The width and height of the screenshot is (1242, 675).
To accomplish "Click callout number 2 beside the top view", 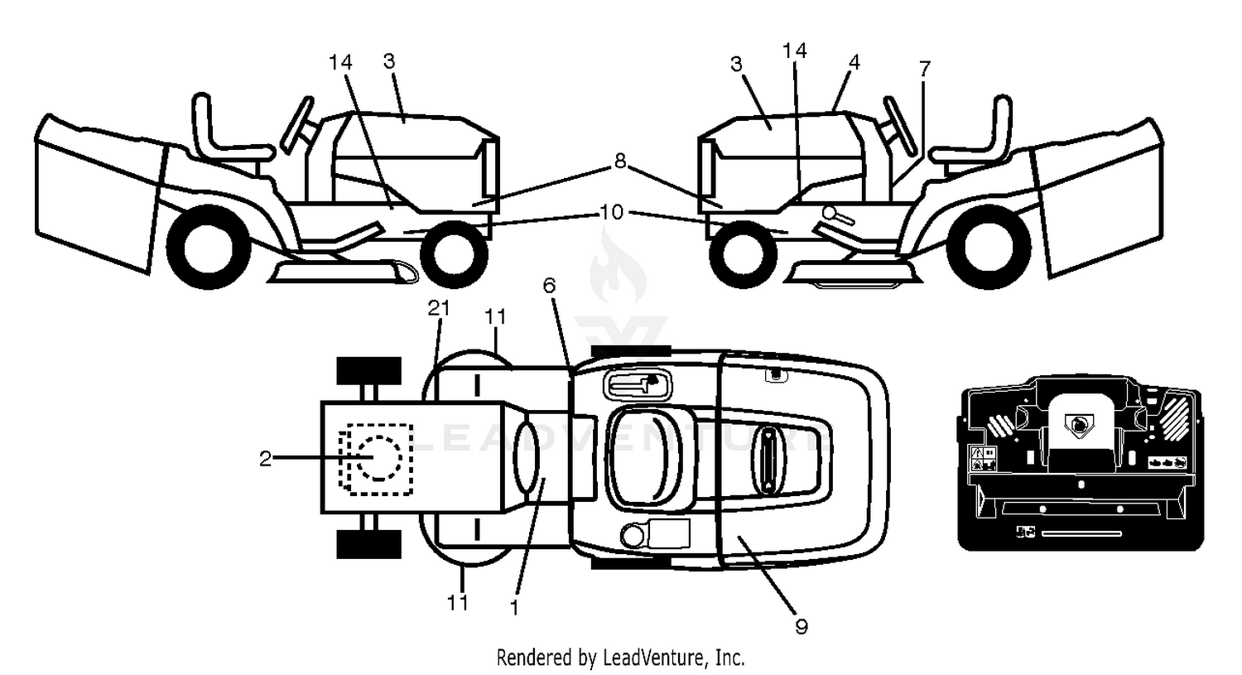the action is coord(266,459).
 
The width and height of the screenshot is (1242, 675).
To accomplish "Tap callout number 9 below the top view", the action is coord(802,627).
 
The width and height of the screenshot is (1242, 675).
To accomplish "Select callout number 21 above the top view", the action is coord(439,308).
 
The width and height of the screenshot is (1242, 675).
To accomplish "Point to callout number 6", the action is coord(549,286).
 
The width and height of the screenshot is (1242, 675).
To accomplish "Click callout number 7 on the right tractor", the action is coord(924,69).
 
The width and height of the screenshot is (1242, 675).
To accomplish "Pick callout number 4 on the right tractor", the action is coord(854,62).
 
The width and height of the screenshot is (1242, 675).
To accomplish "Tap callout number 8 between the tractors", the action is coord(620,162).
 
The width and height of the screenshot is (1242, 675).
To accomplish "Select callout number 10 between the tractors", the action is coord(612,212).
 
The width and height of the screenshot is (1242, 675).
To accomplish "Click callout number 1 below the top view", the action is coord(514,608).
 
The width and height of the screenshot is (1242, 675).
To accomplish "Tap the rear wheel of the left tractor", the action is coord(209,248).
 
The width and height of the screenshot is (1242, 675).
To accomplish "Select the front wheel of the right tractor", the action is coord(744,254).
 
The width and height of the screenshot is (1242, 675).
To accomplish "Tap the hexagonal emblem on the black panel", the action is coord(1079,426).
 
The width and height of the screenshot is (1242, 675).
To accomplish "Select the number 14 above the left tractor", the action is coord(339,62).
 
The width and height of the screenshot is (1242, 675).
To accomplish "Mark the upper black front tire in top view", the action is coord(368,370).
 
